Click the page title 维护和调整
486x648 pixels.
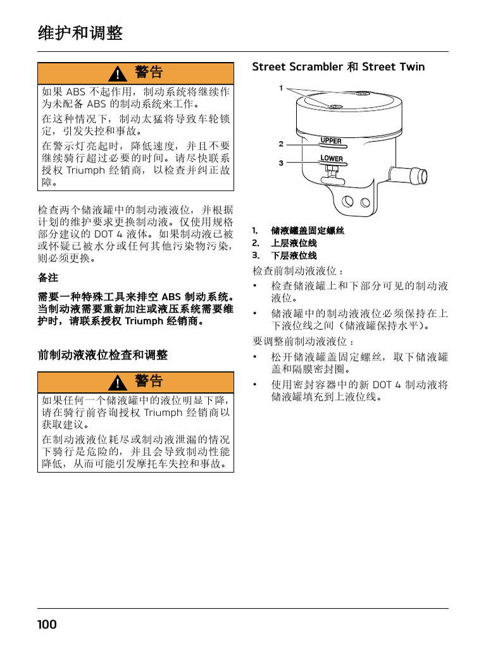tap(80, 34)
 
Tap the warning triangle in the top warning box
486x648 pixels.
tap(117, 74)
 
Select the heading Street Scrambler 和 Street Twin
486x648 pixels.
tap(339, 67)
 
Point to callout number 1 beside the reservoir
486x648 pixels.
tap(281, 88)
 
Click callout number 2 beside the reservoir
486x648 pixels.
tap(281, 144)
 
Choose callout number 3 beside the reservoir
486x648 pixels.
tap(281, 163)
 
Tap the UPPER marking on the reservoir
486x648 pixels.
tap(331, 141)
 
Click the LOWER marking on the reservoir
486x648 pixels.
tap(332, 158)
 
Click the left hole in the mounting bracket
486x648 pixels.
tap(346, 202)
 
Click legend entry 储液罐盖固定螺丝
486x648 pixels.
tap(308, 231)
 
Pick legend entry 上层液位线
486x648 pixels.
tap(294, 243)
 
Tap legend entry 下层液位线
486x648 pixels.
tap(294, 256)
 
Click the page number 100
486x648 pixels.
tap(47, 625)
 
